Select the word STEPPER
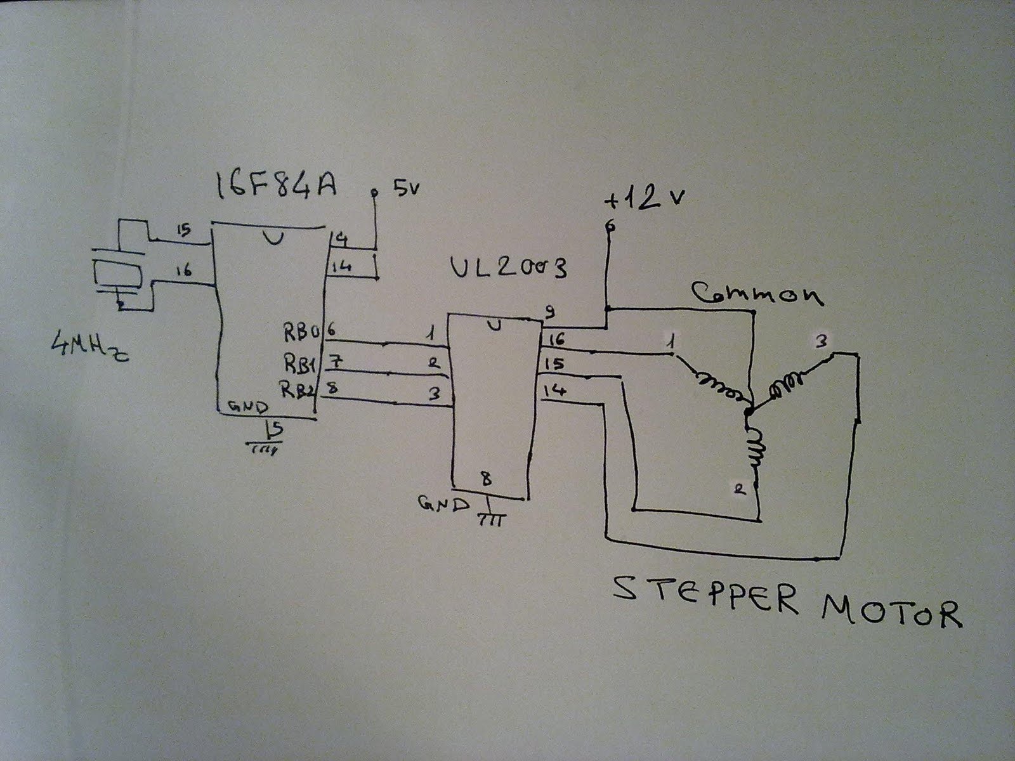(x=704, y=596)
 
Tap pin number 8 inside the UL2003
(x=487, y=479)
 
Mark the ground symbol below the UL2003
(x=490, y=517)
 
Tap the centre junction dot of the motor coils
(x=749, y=411)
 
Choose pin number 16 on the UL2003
(x=556, y=341)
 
